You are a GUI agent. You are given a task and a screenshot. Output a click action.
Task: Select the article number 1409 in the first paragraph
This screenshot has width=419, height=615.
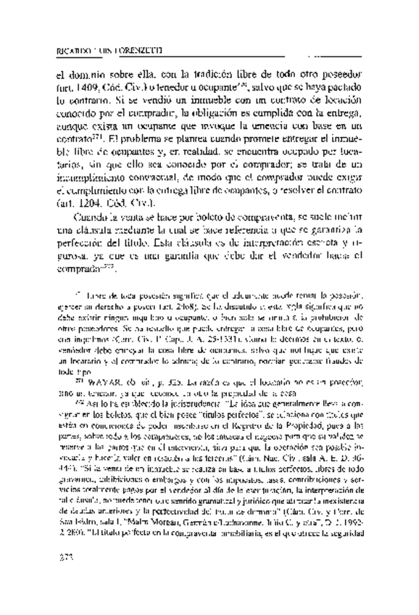tap(91, 96)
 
